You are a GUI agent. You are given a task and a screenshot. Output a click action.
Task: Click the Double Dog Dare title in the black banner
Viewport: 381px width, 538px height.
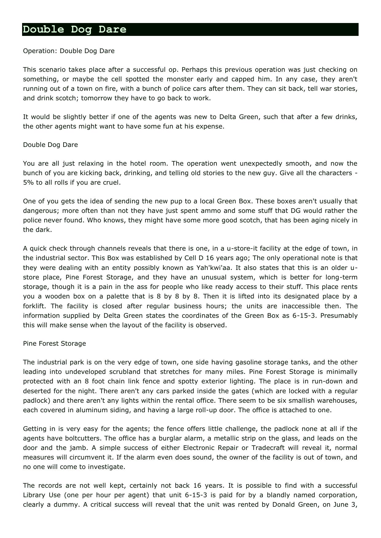click(75, 30)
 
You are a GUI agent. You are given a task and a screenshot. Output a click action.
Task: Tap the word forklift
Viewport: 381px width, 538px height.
click(34, 306)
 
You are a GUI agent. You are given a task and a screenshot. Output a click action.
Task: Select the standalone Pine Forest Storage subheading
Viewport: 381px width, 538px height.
click(54, 344)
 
